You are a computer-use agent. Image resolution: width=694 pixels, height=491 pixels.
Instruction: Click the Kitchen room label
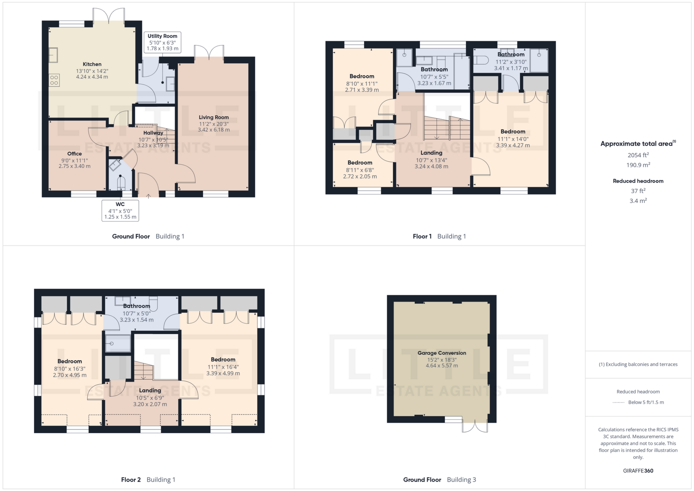[x=92, y=64]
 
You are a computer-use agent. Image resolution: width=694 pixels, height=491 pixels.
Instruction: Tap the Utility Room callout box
[x=162, y=42]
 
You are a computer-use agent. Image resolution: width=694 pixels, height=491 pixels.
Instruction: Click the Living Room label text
[x=214, y=117]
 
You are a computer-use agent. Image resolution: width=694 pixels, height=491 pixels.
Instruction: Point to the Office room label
[x=74, y=154]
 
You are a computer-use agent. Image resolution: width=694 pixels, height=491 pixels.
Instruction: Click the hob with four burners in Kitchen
[x=54, y=80]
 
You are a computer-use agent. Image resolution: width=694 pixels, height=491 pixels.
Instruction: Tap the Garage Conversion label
[x=442, y=353]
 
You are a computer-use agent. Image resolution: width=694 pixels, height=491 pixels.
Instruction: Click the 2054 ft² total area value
[x=638, y=155]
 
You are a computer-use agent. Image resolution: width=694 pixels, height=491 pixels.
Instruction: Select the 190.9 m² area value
[x=638, y=165]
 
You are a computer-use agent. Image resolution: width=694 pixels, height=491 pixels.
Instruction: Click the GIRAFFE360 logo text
[x=638, y=471]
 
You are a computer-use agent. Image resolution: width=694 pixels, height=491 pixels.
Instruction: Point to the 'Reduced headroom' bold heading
[x=638, y=181]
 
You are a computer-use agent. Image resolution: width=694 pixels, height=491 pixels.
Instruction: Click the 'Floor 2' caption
[x=131, y=480]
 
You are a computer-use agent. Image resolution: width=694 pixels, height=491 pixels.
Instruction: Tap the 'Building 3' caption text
[x=461, y=480]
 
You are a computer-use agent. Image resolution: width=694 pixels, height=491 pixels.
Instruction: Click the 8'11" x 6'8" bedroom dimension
[x=360, y=170]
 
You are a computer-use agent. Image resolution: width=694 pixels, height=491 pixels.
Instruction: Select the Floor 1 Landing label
[x=431, y=153]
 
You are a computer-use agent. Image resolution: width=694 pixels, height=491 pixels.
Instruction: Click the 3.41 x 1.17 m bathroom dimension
[x=511, y=68]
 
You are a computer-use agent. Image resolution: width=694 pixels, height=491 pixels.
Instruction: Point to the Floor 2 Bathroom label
[x=136, y=306]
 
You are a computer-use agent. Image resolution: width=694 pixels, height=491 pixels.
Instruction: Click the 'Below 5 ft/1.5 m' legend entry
[x=646, y=402]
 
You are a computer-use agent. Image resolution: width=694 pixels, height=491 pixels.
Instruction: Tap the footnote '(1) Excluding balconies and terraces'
[x=638, y=364]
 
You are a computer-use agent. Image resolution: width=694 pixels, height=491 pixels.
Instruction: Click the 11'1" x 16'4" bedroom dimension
[x=223, y=367]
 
